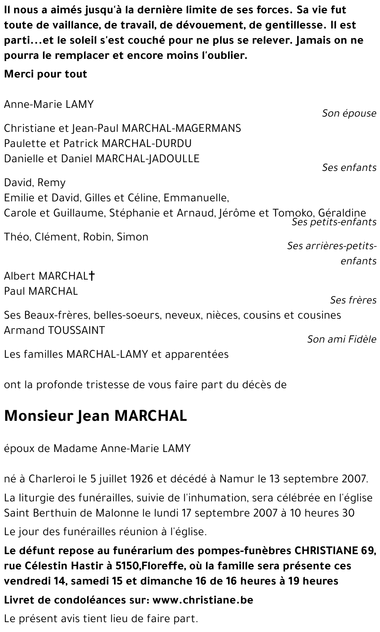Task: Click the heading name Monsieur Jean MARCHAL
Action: click(x=95, y=416)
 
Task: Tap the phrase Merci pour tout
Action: click(x=46, y=74)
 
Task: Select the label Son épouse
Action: click(x=349, y=113)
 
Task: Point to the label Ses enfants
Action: click(x=349, y=167)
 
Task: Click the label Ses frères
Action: click(x=353, y=300)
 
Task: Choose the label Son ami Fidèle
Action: click(x=342, y=339)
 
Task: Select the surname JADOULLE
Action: click(x=175, y=158)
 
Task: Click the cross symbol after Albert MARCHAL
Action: click(x=91, y=276)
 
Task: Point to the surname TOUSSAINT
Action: click(x=76, y=330)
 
